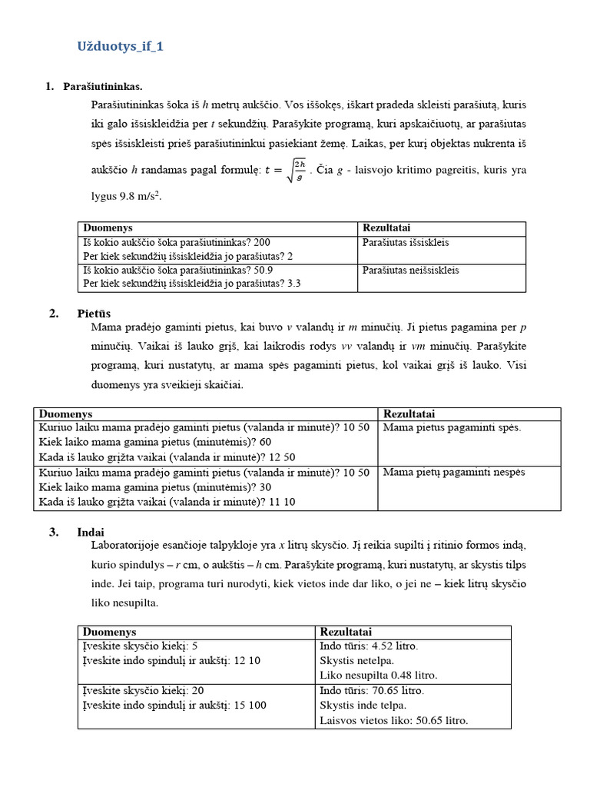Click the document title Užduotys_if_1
click(x=120, y=47)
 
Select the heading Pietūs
click(x=94, y=313)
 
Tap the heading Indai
click(x=91, y=532)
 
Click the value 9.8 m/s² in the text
click(x=141, y=197)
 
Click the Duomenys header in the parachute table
click(x=108, y=228)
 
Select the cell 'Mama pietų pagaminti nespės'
click(x=454, y=472)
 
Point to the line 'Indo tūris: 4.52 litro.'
click(x=369, y=646)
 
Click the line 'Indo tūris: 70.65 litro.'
click(x=372, y=691)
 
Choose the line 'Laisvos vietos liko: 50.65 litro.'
click(x=393, y=720)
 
